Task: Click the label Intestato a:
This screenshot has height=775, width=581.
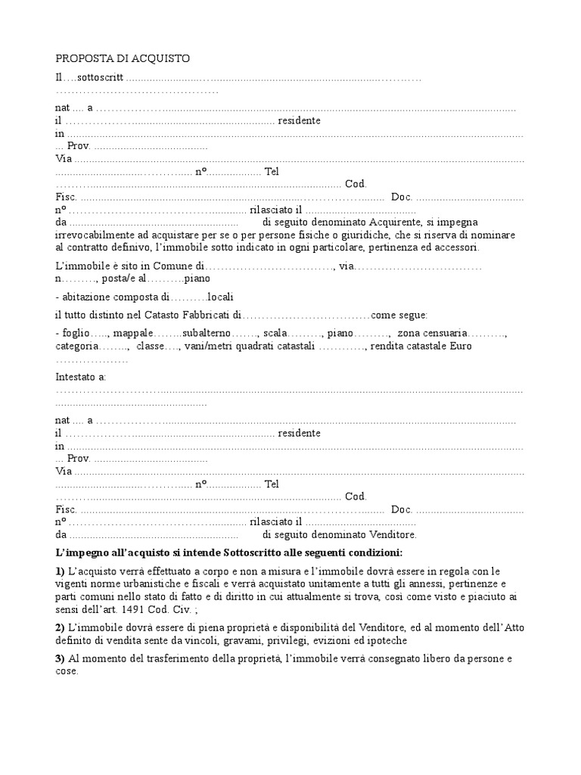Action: pos(81,376)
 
